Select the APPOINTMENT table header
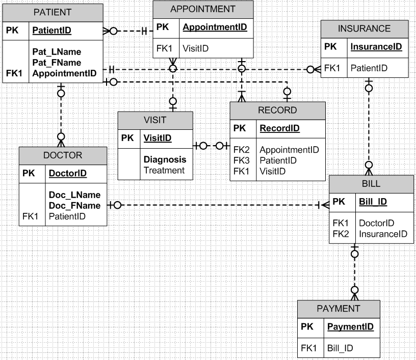point(203,9)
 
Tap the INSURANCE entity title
point(364,29)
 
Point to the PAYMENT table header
point(339,308)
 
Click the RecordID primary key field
point(279,128)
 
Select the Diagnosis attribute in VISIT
point(165,159)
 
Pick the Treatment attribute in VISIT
point(164,170)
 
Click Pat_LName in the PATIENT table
point(57,52)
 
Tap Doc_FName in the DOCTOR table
point(74,206)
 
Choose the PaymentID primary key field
point(351,326)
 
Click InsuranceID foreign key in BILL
point(383,234)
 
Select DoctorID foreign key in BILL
point(376,223)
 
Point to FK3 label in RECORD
point(241,160)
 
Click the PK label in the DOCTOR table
point(29,174)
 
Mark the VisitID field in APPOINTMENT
point(196,48)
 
